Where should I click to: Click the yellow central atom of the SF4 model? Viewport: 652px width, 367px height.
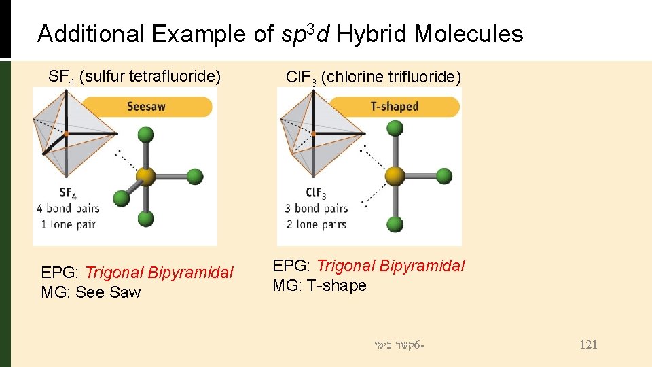(x=146, y=177)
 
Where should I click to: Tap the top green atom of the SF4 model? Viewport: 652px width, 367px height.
(x=146, y=135)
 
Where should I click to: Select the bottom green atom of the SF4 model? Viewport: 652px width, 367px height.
(x=146, y=219)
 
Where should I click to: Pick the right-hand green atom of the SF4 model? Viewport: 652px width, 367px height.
(x=195, y=177)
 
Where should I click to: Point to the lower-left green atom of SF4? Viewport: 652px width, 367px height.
(x=122, y=198)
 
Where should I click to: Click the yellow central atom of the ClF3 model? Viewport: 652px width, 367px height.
(x=395, y=177)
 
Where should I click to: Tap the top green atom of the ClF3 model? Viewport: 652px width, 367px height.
(x=395, y=135)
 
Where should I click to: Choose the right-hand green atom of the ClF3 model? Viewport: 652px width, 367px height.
(x=443, y=177)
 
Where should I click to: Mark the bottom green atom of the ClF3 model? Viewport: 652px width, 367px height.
(x=395, y=219)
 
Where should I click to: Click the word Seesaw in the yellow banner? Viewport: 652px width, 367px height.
(x=146, y=106)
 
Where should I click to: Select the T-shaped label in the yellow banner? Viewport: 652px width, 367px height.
(x=395, y=106)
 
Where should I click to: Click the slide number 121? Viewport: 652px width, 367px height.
(x=588, y=345)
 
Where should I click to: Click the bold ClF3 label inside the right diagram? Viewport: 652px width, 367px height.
(x=316, y=193)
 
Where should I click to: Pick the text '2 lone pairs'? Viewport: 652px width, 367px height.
(x=316, y=224)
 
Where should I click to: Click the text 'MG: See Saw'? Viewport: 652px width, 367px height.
(x=91, y=292)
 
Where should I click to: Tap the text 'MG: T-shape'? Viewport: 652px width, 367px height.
(x=319, y=285)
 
